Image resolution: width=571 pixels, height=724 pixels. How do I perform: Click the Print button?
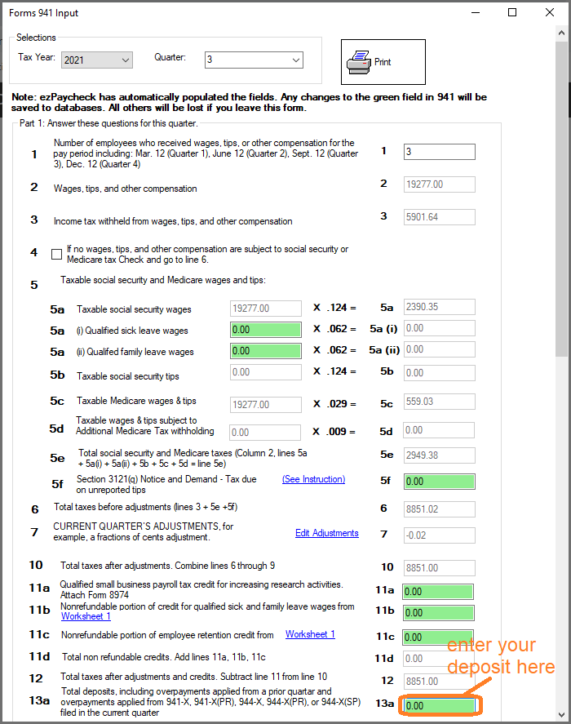click(383, 62)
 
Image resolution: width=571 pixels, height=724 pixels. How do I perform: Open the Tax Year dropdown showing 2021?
click(96, 60)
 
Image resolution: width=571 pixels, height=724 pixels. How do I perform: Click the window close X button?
click(549, 12)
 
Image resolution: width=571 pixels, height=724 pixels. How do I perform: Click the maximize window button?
click(512, 12)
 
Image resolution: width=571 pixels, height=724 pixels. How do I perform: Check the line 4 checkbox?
click(56, 254)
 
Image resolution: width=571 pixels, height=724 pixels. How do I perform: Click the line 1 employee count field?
click(439, 152)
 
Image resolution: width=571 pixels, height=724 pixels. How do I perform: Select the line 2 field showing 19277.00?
click(439, 184)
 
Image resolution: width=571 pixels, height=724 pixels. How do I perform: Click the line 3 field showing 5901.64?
click(439, 217)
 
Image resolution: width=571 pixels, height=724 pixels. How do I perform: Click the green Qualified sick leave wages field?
click(263, 331)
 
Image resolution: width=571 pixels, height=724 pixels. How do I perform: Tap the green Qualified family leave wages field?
click(263, 351)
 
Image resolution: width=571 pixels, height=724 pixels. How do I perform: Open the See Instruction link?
click(313, 479)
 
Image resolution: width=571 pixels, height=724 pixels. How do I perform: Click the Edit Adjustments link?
click(326, 533)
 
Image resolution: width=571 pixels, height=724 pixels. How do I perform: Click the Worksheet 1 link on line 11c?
click(310, 634)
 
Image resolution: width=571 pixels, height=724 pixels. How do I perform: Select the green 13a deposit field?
click(439, 705)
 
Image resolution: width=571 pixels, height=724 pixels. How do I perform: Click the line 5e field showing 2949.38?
click(439, 455)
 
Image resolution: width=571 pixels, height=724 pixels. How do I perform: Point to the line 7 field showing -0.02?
click(439, 535)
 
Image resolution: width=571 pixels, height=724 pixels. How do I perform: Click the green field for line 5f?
click(439, 482)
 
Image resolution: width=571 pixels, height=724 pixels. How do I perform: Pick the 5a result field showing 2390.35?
click(439, 308)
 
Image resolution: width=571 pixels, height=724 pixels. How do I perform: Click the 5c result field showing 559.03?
click(439, 402)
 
